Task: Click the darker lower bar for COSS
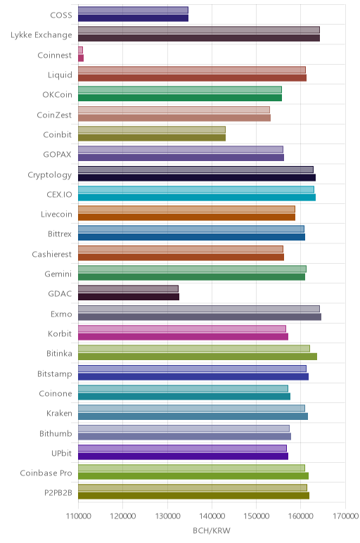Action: pos(134,18)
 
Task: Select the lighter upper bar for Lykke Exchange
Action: pos(199,30)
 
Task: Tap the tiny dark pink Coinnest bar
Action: pos(81,58)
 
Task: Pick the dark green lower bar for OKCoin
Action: pos(180,98)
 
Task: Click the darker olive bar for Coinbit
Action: pos(152,137)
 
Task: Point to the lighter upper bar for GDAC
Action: pos(129,289)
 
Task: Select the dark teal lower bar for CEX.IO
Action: pos(197,198)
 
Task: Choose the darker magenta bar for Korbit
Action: pos(183,337)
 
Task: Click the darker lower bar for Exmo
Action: pos(200,317)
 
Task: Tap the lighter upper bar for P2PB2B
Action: pos(193,488)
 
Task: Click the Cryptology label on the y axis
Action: pos(50,175)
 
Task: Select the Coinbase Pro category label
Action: pos(46,473)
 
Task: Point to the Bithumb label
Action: pos(56,433)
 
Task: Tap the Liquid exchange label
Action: pos(60,75)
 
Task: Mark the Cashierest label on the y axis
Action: pos(52,254)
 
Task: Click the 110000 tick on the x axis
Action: pos(79,516)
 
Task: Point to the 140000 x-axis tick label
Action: pos(212,516)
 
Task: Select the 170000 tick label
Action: pos(345,516)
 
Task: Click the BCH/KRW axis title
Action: pos(212,530)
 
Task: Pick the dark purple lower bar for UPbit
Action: pos(183,456)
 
